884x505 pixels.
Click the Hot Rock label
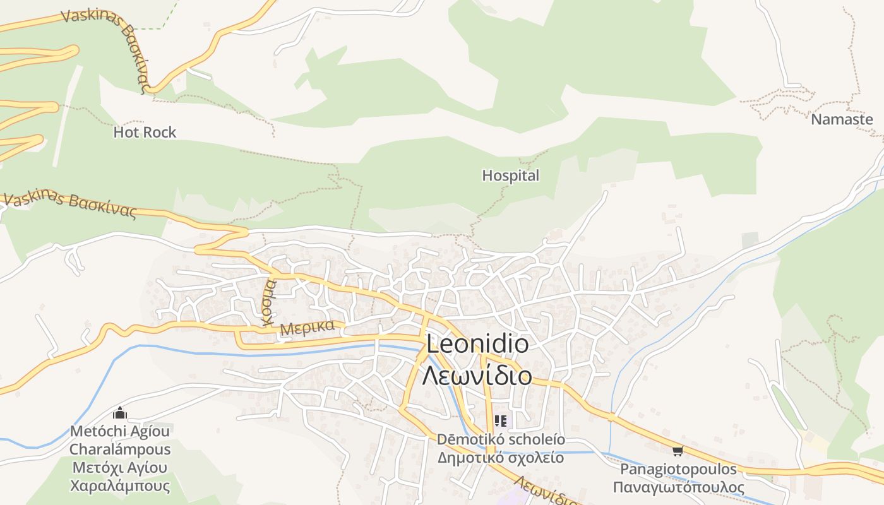tap(145, 133)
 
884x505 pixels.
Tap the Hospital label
tap(510, 175)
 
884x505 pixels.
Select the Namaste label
tap(842, 119)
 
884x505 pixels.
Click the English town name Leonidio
tap(477, 344)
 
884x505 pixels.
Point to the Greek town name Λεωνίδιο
tap(477, 376)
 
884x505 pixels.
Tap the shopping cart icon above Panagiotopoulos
tap(678, 451)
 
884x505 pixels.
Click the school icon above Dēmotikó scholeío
tap(501, 420)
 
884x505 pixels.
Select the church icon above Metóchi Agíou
tap(119, 414)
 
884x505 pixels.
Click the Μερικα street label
tap(307, 328)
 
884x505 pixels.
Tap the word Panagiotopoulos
tap(678, 469)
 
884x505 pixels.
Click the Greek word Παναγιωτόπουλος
tap(678, 487)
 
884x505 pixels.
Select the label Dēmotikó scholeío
tap(501, 439)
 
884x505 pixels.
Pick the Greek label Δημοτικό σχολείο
tap(501, 458)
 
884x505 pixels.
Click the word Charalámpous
tap(120, 449)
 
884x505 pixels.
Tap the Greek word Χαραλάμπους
tap(120, 486)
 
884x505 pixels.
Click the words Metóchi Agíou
tap(120, 431)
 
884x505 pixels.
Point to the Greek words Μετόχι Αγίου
tap(120, 468)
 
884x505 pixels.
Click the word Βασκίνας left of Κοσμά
tap(102, 206)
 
